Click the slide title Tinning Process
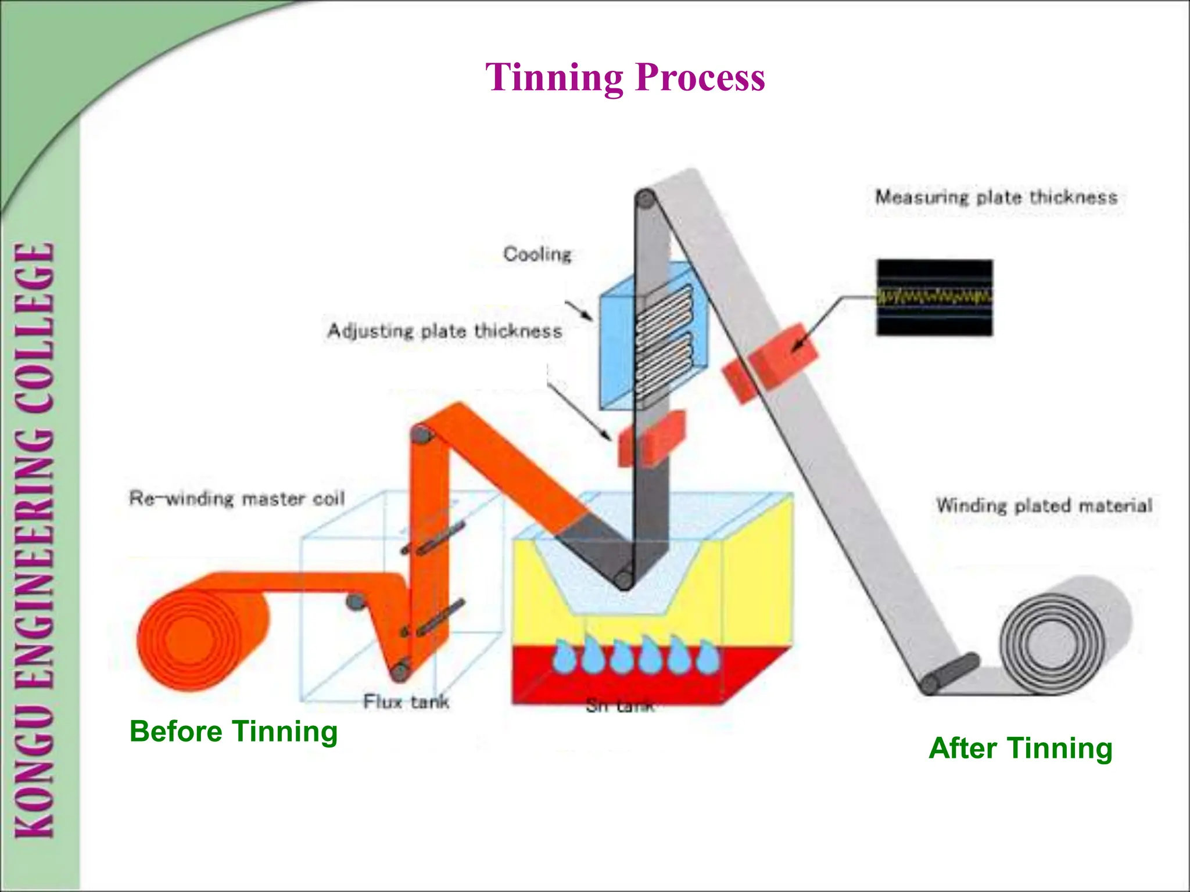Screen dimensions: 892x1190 tap(625, 77)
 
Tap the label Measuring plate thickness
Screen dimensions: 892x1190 tap(996, 197)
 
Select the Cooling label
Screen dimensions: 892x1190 tap(537, 254)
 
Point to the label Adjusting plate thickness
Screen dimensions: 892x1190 tap(445, 331)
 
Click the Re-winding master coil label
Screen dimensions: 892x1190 tap(237, 498)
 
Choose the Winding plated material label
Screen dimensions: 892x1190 tap(1044, 505)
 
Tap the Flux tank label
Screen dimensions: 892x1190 tap(406, 702)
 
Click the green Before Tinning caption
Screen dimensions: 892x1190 tap(234, 731)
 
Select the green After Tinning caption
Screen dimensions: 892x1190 tap(1020, 748)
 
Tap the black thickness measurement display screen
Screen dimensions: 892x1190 tap(934, 298)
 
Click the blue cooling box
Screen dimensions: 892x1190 tap(654, 337)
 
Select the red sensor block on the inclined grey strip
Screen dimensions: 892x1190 tap(770, 361)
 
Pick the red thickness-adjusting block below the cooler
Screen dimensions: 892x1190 tap(651, 438)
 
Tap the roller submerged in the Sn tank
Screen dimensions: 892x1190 tap(625, 579)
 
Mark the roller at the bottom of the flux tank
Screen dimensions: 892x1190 tap(400, 671)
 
